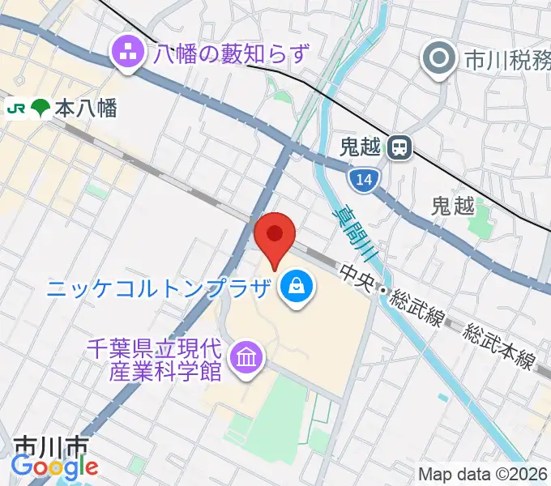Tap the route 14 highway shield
(364, 179)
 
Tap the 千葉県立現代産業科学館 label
(154, 358)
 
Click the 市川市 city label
(51, 447)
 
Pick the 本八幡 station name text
(86, 109)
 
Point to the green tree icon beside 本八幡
(38, 108)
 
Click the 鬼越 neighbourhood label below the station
(453, 207)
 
